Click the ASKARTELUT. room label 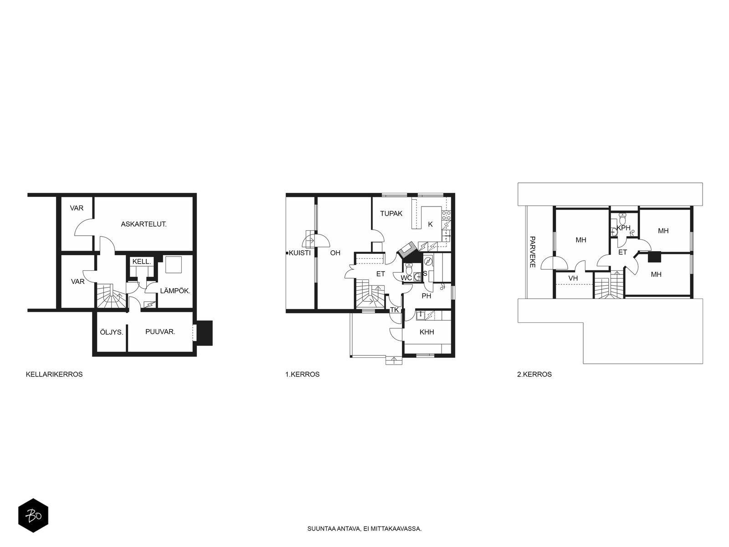(x=144, y=224)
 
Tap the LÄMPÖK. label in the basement (x=175, y=291)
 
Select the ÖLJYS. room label (x=112, y=332)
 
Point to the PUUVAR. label (x=160, y=331)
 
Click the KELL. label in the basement (x=142, y=262)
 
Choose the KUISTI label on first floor (x=299, y=253)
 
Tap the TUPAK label (x=391, y=213)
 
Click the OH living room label (x=335, y=253)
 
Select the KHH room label (x=427, y=332)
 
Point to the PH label (x=426, y=296)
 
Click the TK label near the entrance (x=394, y=310)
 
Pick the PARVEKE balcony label (x=532, y=252)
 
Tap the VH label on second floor (x=573, y=279)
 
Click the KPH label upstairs (x=623, y=228)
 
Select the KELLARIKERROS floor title (x=54, y=374)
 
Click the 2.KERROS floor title (x=534, y=374)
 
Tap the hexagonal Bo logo (x=33, y=516)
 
